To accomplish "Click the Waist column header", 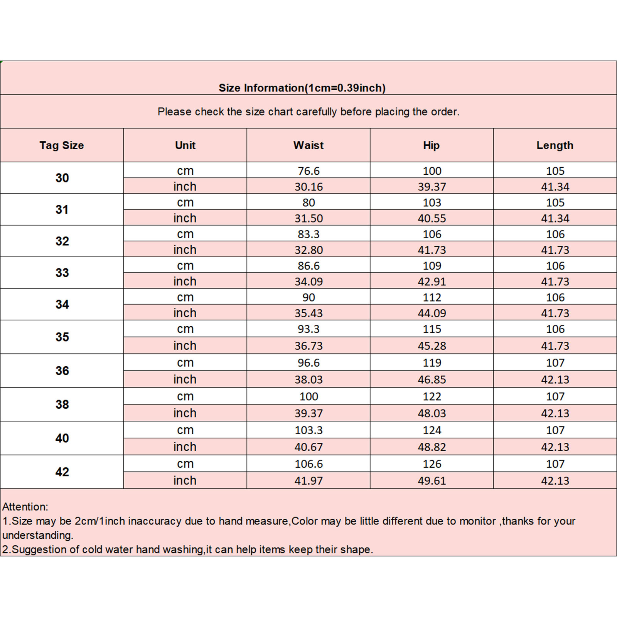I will [x=308, y=145].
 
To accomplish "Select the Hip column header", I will [x=431, y=145].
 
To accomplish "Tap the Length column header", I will [x=555, y=145].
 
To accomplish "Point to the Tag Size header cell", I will [x=62, y=145].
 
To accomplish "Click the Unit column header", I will [x=185, y=145].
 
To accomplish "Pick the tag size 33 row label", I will [x=62, y=273].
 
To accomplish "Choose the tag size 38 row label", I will [x=62, y=404].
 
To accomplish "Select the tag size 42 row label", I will [x=62, y=472].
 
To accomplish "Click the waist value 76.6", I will [x=308, y=171].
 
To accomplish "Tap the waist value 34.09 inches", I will [x=308, y=282].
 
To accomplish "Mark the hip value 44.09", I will [x=432, y=313].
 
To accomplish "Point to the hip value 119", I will [x=432, y=363].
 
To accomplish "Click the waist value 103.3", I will [x=308, y=430].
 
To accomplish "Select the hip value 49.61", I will [x=432, y=481].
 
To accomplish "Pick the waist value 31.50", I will [x=308, y=218].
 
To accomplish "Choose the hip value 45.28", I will [x=432, y=346].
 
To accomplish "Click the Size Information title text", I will [x=302, y=88].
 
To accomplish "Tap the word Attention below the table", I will [x=25, y=507].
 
